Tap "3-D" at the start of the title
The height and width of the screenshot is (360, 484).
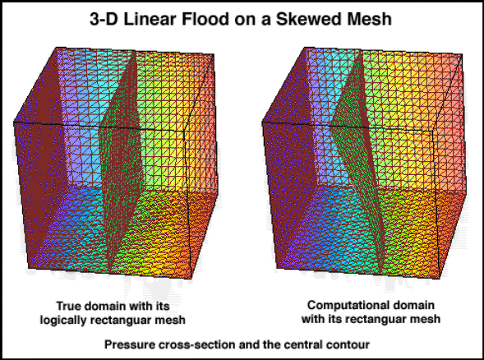[104, 19]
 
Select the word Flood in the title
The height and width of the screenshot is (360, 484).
[205, 19]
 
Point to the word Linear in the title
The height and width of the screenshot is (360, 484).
[150, 19]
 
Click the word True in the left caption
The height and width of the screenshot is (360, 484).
[69, 306]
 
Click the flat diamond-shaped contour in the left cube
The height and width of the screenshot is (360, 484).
[122, 160]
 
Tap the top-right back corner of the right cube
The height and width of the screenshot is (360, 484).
[462, 54]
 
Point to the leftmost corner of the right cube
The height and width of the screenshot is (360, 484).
[262, 122]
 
